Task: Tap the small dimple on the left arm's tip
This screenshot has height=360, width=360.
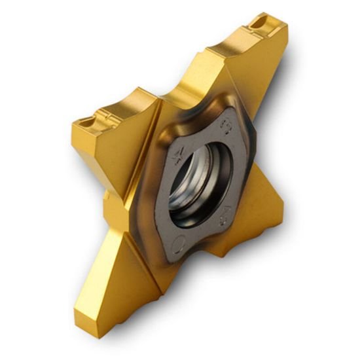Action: point(86,122)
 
